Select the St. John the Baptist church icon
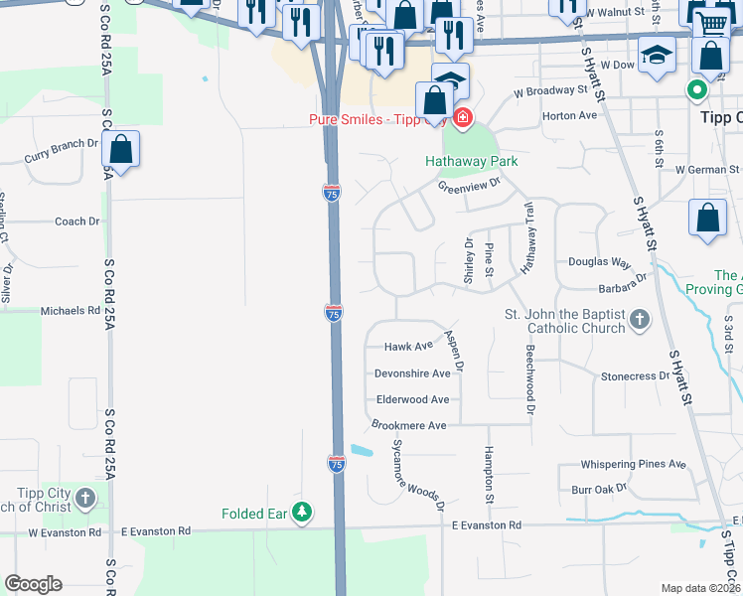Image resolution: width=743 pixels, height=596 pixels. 641,320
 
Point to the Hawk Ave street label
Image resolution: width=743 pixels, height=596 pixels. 409,347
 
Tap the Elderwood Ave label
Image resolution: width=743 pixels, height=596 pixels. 412,399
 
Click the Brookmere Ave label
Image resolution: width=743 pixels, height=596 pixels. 409,425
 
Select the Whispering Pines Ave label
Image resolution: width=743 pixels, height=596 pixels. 634,464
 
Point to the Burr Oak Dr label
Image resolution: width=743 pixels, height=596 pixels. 600,489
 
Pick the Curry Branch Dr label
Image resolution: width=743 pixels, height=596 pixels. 62,151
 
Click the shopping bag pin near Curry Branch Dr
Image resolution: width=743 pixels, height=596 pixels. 120,150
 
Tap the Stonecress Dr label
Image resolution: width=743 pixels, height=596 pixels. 635,376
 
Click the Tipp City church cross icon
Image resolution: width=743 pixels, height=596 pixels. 86,498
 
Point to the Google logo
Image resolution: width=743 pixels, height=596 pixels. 33,584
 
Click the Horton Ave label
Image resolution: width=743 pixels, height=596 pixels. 569,115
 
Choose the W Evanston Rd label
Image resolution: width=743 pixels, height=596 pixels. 65,532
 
